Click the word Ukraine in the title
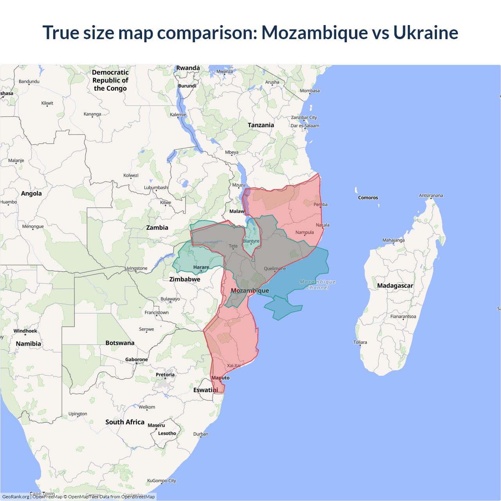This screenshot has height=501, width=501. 425,32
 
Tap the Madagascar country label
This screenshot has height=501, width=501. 395,286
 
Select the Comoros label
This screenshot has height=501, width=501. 368,198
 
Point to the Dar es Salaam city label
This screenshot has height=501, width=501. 305,126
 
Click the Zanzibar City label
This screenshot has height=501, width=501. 304,117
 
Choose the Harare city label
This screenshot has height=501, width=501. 201,267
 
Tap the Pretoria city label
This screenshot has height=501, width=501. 165,375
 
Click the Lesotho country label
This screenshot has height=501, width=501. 167,433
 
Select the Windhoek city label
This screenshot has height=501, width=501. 25,331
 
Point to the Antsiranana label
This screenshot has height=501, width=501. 431,195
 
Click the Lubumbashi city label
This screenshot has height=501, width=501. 156,187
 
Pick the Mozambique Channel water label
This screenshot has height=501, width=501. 317,285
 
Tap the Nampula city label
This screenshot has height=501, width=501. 305,232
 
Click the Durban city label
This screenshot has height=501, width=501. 201,434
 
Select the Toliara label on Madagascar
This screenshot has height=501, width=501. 360,342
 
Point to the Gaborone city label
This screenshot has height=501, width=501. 137,359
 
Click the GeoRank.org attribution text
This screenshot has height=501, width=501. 16,497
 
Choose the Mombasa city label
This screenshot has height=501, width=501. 310,91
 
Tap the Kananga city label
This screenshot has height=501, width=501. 92,114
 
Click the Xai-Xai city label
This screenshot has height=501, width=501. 234,366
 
